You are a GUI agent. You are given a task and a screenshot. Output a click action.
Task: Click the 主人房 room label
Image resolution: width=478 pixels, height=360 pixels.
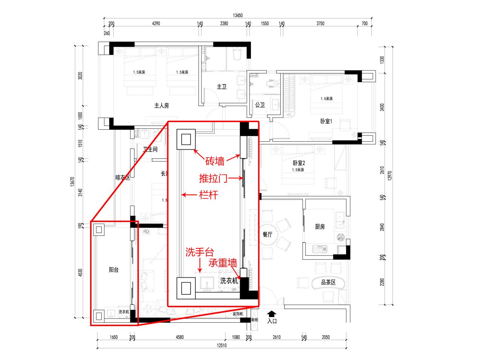point(162,106)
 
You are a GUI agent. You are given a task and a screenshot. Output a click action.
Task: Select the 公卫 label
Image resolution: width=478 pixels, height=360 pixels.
point(259,104)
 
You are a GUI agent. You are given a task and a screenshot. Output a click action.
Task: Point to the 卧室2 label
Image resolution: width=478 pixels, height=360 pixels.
point(298,163)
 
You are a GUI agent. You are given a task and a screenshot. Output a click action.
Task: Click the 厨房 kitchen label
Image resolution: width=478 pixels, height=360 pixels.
point(320,227)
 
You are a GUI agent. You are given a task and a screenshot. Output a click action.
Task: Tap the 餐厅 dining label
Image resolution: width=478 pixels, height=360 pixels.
point(267,234)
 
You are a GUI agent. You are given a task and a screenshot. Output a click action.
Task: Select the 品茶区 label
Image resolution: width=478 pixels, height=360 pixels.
point(328,282)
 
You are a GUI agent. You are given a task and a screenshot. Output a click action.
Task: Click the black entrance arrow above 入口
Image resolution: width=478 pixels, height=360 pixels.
point(272,314)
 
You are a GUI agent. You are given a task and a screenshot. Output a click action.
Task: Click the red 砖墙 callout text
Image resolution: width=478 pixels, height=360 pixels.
point(215,162)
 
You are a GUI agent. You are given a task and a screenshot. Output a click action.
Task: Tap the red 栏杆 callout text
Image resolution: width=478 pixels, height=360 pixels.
point(208,195)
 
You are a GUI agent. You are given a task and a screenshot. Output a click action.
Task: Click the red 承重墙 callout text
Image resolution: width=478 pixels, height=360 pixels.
point(223,262)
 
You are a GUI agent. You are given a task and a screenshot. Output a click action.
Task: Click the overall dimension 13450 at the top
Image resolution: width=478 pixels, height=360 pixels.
point(238,15)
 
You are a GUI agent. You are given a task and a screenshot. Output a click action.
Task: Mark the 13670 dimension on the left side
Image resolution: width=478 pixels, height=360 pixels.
point(72,182)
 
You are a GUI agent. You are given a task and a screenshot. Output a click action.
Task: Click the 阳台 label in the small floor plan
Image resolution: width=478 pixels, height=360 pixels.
point(114,270)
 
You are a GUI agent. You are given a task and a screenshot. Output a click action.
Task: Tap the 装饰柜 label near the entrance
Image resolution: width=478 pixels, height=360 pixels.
point(238,314)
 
